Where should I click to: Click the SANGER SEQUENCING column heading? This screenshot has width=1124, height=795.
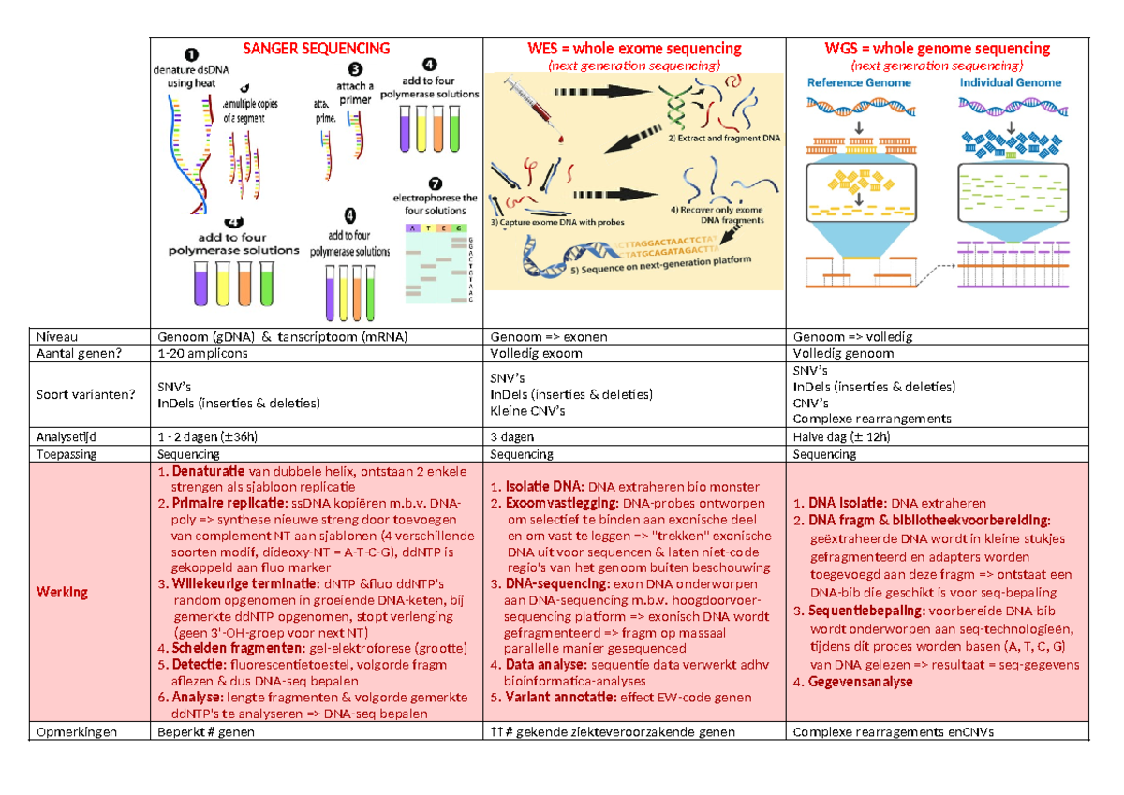pos(317,48)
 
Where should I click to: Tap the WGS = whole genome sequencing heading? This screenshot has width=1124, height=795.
pos(937,49)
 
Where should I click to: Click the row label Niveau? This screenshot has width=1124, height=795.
pos(54,337)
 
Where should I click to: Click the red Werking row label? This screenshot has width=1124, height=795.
pos(62,592)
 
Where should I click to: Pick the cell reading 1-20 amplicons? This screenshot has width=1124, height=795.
pos(203,354)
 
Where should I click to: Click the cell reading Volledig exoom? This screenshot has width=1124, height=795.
pos(536,354)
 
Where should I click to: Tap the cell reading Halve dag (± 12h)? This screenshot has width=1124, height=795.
pos(841,436)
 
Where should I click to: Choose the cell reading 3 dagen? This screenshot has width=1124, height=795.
pos(512,436)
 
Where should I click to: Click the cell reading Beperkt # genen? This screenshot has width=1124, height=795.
pos(206,732)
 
